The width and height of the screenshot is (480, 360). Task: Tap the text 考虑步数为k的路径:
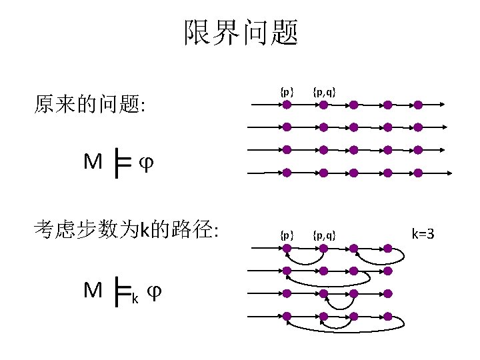(126, 231)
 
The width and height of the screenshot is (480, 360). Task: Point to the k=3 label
(423, 233)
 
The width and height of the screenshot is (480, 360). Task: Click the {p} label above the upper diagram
(286, 91)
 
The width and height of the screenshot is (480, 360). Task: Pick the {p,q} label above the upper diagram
(323, 91)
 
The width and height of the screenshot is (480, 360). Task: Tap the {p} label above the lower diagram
(286, 235)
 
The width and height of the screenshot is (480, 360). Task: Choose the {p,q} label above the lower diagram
(323, 235)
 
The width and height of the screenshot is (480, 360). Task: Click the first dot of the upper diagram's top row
(287, 105)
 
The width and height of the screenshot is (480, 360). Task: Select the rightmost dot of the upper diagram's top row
(418, 105)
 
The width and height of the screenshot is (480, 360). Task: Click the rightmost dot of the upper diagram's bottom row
(418, 173)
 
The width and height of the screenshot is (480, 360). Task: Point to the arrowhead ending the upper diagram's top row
(443, 105)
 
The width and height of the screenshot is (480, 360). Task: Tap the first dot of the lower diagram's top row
(287, 248)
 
